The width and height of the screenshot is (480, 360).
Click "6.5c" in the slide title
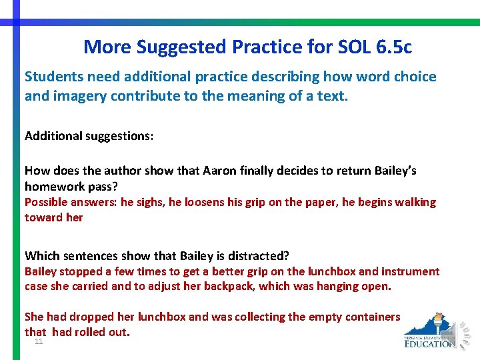coord(392,47)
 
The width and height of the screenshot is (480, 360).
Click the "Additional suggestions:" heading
coord(89,136)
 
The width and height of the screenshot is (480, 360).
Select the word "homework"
coord(54,187)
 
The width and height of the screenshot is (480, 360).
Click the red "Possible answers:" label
coord(70,202)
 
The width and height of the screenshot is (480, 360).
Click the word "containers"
coord(369,317)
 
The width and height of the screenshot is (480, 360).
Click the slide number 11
coord(39,341)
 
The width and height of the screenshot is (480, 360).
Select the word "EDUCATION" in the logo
coord(430,343)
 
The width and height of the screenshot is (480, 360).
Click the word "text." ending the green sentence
coord(334,96)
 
